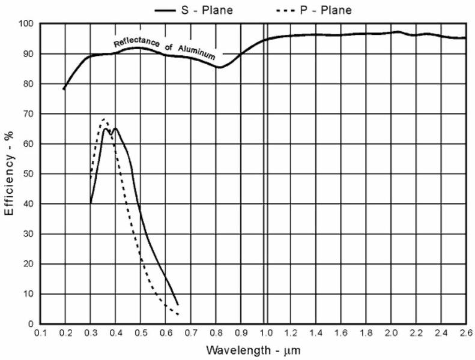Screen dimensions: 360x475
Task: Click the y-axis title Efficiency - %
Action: tap(10, 174)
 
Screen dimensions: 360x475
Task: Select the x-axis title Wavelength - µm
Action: tap(252, 349)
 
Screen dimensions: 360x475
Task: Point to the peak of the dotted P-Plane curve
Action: tap(104, 119)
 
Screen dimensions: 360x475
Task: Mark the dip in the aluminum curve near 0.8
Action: tap(220, 67)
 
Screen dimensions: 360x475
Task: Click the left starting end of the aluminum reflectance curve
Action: tap(64, 89)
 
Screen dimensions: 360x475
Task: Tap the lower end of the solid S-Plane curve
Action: tap(178, 305)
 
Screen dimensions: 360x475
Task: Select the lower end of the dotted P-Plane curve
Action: tap(178, 314)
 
